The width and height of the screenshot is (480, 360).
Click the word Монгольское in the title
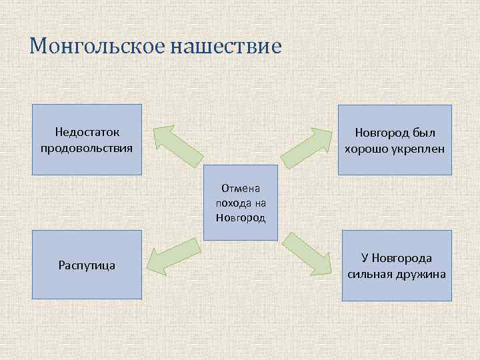[97, 47]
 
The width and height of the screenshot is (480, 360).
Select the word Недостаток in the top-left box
[87, 132]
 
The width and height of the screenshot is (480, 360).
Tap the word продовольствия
[87, 147]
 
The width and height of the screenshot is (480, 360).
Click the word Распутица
[87, 265]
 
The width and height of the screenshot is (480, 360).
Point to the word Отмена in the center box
[240, 189]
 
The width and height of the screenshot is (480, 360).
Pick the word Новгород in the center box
[240, 217]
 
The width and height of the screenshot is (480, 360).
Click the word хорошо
[365, 148]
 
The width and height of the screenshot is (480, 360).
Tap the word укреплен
[417, 148]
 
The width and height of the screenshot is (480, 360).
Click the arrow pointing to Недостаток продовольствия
[177, 145]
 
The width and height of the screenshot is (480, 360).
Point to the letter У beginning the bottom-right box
[365, 258]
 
